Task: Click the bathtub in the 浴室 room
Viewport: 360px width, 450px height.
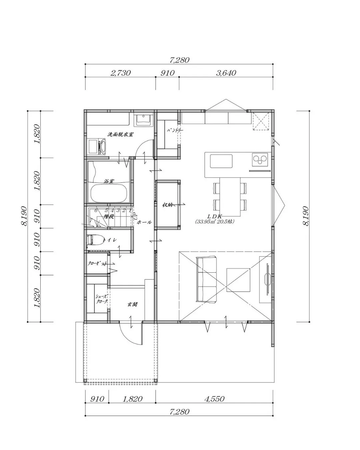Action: click(x=108, y=193)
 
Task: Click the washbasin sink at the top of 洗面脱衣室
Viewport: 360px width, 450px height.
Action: click(x=143, y=120)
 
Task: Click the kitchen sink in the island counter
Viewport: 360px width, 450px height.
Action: click(x=221, y=162)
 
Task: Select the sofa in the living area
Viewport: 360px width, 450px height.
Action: click(x=207, y=279)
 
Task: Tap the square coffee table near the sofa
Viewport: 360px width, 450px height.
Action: click(x=238, y=279)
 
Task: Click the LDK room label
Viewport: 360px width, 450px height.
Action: click(x=215, y=216)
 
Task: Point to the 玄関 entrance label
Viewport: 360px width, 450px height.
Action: click(x=132, y=304)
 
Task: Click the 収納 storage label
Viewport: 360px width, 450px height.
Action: click(x=167, y=205)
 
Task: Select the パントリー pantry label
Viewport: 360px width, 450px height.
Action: click(x=175, y=130)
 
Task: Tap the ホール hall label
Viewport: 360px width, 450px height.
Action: click(x=144, y=222)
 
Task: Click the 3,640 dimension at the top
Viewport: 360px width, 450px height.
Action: click(x=226, y=73)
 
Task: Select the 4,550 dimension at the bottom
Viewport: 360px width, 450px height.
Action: click(x=214, y=399)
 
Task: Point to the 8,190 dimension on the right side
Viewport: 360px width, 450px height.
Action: click(x=306, y=216)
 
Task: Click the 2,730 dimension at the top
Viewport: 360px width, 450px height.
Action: click(x=120, y=73)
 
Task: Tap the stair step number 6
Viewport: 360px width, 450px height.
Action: click(x=96, y=210)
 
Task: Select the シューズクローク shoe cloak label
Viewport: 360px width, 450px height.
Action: click(x=101, y=299)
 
